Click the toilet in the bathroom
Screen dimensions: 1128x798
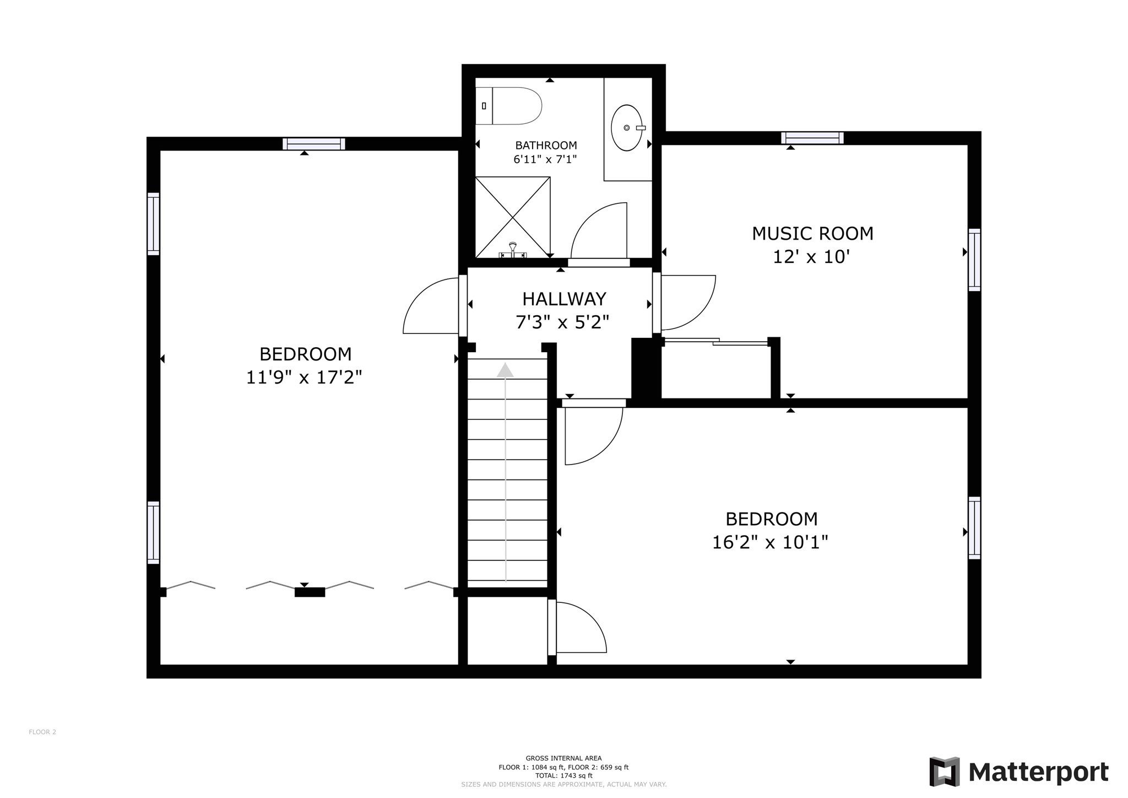[x=509, y=106]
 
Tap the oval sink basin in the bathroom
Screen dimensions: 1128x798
[x=627, y=128]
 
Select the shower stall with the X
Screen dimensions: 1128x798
[x=513, y=217]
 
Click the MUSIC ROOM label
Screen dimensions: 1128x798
[x=812, y=234]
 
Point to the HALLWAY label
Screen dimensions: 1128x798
[x=564, y=299]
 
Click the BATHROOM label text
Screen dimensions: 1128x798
[x=546, y=145]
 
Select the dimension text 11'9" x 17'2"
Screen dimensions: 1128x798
[x=304, y=378]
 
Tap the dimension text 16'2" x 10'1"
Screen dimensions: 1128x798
[x=770, y=543]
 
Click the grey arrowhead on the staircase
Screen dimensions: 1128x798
[x=505, y=370]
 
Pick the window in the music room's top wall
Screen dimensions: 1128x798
[x=812, y=138]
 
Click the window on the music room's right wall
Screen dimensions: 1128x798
[x=974, y=260]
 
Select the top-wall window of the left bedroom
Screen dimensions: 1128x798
[x=314, y=144]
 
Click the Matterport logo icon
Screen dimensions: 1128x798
[x=944, y=772]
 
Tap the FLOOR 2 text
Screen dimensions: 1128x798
[x=42, y=732]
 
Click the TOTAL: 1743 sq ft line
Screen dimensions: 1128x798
[x=563, y=775]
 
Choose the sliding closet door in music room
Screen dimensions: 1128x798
[x=716, y=342]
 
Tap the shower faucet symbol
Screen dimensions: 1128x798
[x=513, y=251]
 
